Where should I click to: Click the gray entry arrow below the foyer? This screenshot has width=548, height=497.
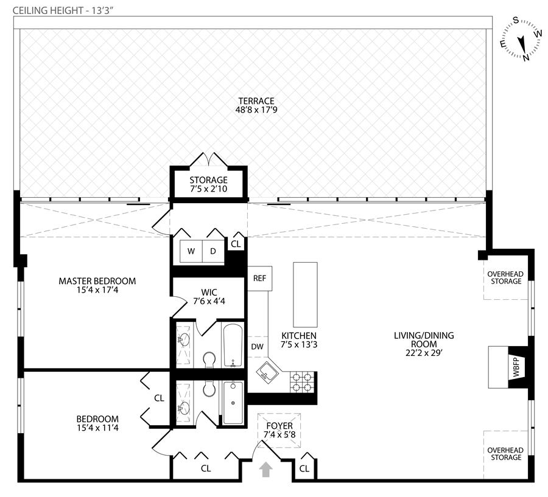click(266, 470)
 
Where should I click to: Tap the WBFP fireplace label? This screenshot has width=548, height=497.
click(516, 367)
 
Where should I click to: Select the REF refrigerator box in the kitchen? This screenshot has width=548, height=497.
click(259, 279)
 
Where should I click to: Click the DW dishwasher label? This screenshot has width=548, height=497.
click(257, 347)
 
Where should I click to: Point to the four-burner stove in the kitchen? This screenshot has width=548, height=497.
click(302, 382)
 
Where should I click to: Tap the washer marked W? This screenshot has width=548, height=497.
click(191, 251)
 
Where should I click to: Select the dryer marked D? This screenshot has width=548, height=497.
click(213, 251)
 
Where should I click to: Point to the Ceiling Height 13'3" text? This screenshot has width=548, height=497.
click(63, 10)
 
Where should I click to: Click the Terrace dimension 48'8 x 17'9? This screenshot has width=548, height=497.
click(256, 110)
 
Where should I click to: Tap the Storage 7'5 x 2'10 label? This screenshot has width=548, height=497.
click(209, 184)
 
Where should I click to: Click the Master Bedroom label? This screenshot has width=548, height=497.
click(97, 281)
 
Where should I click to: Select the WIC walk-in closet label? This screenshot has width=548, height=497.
click(209, 292)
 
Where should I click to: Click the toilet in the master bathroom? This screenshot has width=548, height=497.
click(209, 360)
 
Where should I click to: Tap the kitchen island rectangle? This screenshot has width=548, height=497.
click(305, 295)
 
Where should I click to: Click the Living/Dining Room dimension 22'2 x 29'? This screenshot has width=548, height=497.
click(424, 353)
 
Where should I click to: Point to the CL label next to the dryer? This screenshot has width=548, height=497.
click(236, 244)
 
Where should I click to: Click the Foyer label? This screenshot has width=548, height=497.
click(279, 426)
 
